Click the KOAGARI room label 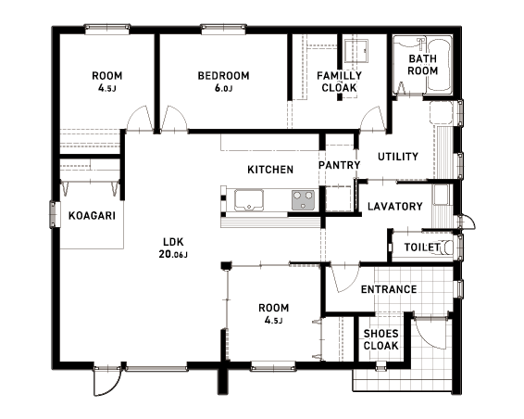click(x=92, y=216)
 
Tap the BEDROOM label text click(x=223, y=76)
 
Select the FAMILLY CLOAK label click(x=339, y=82)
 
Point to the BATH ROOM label click(x=423, y=65)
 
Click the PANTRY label click(x=339, y=165)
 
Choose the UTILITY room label click(x=398, y=157)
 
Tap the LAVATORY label click(x=395, y=206)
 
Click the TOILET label click(x=422, y=248)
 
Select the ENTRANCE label click(x=389, y=289)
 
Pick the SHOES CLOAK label click(x=381, y=339)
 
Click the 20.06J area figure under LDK click(x=173, y=254)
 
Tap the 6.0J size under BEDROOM click(x=223, y=88)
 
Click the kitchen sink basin click(x=249, y=200)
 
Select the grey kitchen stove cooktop click(x=303, y=200)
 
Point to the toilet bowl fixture click(x=445, y=248)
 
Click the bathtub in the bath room click(x=440, y=66)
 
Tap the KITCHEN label click(x=270, y=170)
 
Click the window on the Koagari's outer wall click(x=55, y=214)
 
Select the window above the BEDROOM click(x=223, y=29)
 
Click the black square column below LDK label click(x=226, y=266)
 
